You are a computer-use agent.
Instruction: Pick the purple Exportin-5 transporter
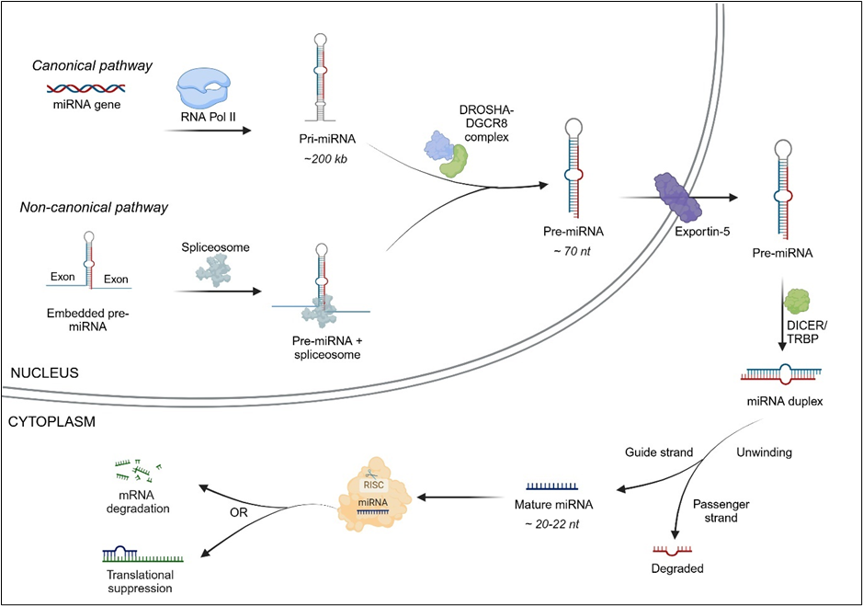click(678, 196)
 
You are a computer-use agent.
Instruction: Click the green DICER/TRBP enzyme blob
click(795, 302)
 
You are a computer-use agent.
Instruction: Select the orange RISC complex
click(377, 497)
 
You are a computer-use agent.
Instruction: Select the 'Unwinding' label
click(764, 452)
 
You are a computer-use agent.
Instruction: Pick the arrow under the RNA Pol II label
click(208, 131)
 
